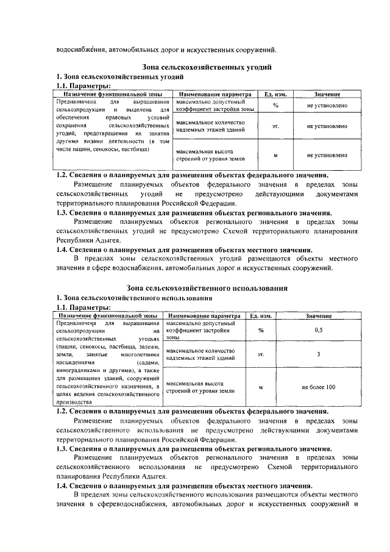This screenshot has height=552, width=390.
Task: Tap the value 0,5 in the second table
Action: (x=318, y=330)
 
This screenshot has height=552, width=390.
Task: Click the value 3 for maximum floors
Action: (x=318, y=354)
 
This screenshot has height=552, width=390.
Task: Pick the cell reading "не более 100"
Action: (x=318, y=387)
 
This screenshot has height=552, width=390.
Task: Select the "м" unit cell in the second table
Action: (x=260, y=387)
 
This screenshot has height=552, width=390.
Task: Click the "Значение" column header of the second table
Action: (x=318, y=316)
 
